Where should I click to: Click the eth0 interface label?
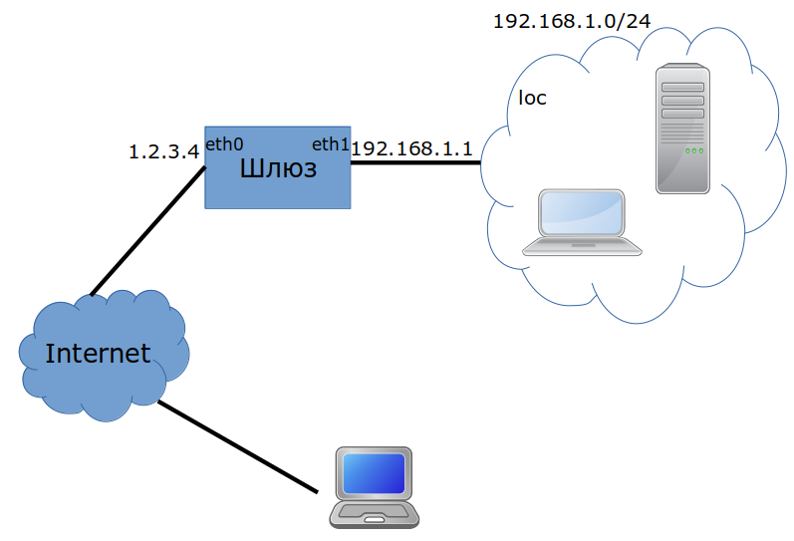pos(224,144)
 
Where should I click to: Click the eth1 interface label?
pos(331,144)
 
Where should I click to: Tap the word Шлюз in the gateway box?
pos(278,169)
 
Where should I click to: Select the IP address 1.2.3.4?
pos(164,152)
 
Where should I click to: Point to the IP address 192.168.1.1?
pos(411,147)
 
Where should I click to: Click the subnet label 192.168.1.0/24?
pos(564,21)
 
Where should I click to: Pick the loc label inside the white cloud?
pos(533,99)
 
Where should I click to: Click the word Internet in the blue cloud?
pos(98,353)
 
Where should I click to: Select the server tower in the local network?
pos(683,128)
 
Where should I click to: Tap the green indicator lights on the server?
pos(694,150)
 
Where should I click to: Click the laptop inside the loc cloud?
pos(583,222)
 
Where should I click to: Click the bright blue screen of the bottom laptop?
pos(375,473)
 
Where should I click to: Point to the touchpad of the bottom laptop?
pos(374,518)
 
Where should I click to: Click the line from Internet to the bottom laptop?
pos(237,447)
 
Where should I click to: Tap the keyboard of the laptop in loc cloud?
pos(583,243)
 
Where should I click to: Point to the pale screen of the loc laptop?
pos(583,210)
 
